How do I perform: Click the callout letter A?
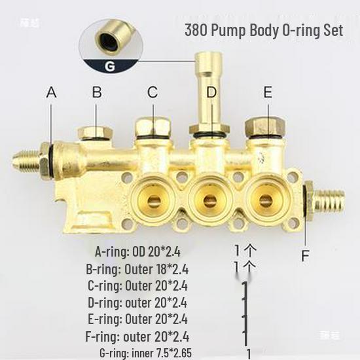pyautogui.click(x=52, y=92)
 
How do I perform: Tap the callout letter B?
pyautogui.click(x=96, y=92)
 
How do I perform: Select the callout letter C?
pyautogui.click(x=153, y=92)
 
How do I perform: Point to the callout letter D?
pyautogui.click(x=211, y=92)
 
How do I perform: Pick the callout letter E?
pyautogui.click(x=267, y=92)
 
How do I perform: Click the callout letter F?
pyautogui.click(x=304, y=255)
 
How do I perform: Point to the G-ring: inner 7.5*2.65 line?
pyautogui.click(x=146, y=353)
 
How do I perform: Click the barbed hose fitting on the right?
pyautogui.click(x=328, y=196)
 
